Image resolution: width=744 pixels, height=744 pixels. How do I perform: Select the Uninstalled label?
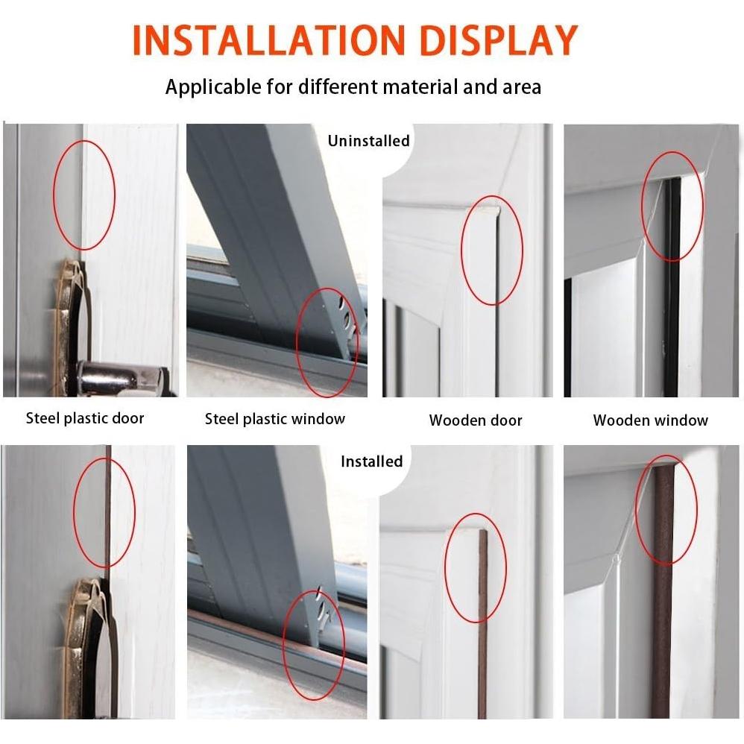tap(369, 140)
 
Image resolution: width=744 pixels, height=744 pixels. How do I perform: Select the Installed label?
tap(371, 461)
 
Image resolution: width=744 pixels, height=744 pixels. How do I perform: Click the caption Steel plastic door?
tap(85, 418)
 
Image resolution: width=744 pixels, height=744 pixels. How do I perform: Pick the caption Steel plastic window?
tap(275, 419)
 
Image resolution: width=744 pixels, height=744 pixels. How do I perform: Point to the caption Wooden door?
tap(476, 420)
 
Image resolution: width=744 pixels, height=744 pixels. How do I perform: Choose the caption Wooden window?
tap(650, 420)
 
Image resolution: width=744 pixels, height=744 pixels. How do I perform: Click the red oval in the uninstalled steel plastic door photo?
tap(84, 195)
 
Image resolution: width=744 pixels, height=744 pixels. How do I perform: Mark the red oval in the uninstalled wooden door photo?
tap(492, 253)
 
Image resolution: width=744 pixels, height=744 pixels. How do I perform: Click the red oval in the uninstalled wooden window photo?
tap(672, 206)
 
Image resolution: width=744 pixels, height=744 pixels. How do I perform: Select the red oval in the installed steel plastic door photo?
tap(104, 513)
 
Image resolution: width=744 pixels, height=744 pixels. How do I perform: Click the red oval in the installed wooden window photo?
tap(666, 510)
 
